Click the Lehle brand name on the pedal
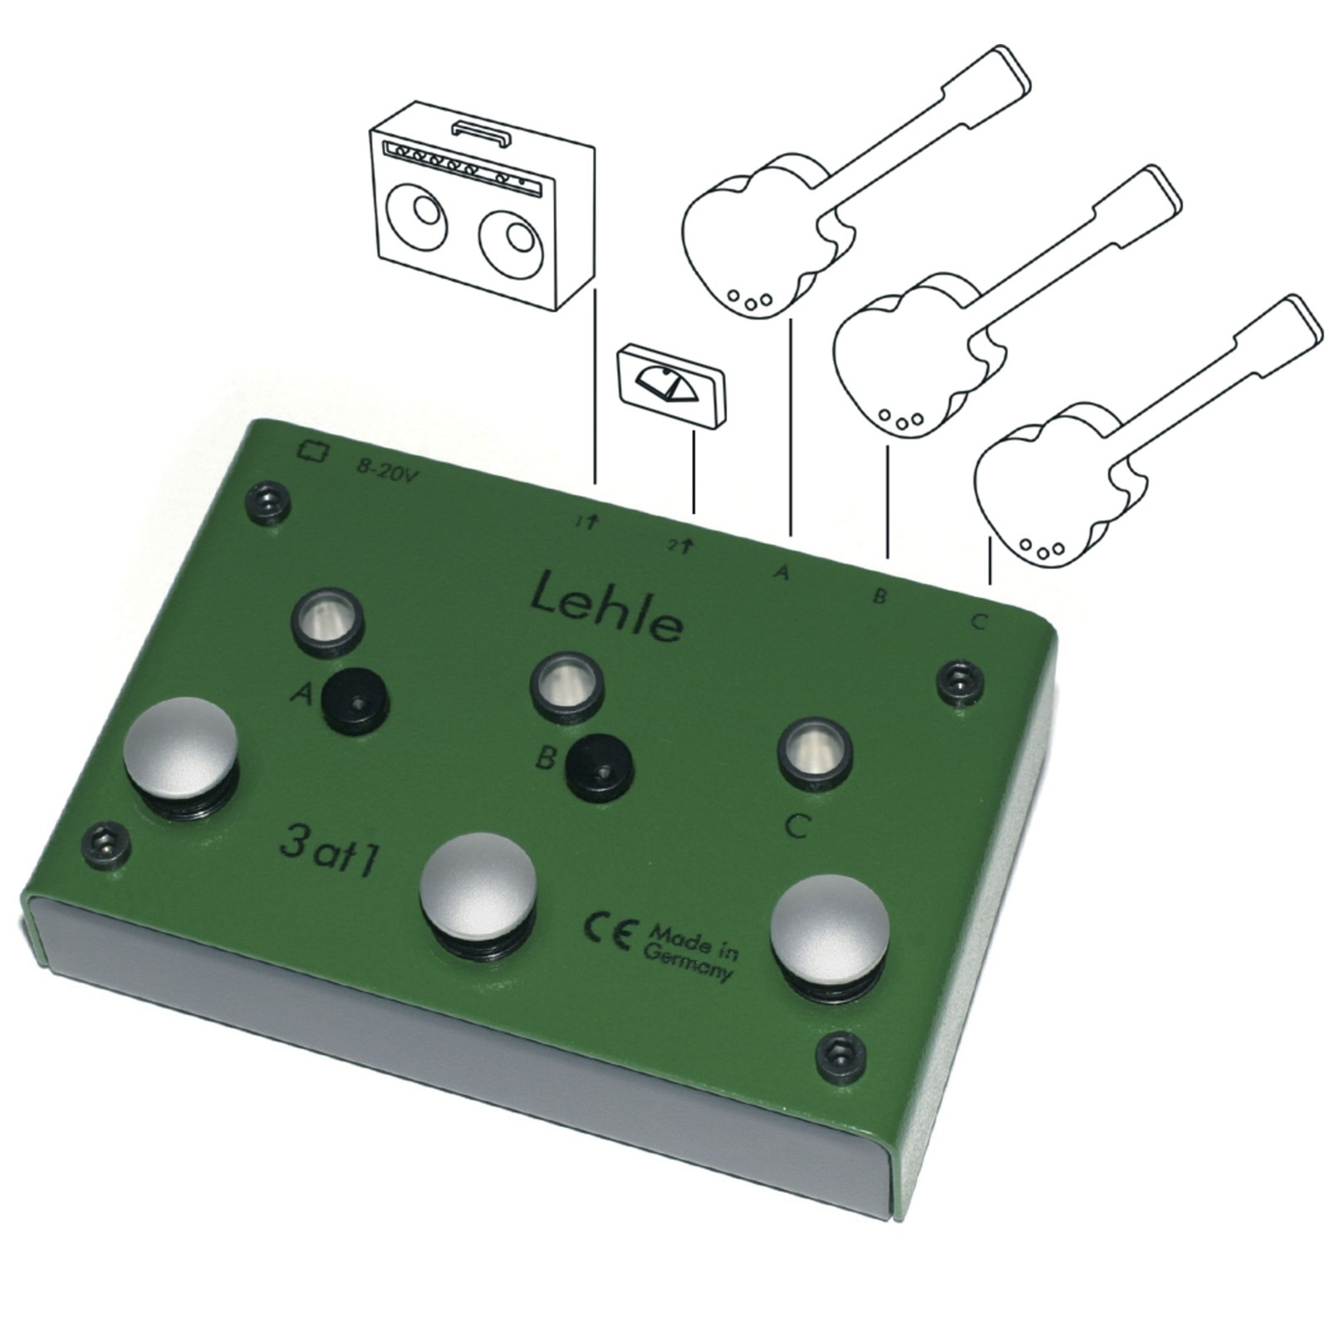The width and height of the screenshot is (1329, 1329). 607,606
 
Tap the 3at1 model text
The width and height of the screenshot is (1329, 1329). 330,852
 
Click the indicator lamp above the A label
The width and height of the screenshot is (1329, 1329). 327,619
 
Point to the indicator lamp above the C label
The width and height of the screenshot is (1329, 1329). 815,753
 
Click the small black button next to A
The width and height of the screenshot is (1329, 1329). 356,700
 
